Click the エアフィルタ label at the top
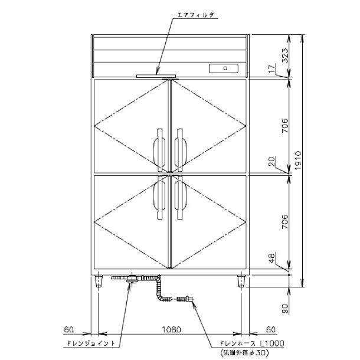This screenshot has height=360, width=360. [x=195, y=15]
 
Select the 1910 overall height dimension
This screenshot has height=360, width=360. [x=298, y=161]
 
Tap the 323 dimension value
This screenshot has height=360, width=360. [x=284, y=55]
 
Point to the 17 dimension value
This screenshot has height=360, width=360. [x=272, y=68]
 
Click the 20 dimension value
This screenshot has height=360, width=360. [x=272, y=161]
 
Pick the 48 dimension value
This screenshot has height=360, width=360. [x=272, y=258]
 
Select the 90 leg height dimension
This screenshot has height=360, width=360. [x=285, y=309]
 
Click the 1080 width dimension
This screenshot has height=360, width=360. [x=172, y=329]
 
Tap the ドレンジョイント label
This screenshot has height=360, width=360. [x=90, y=343]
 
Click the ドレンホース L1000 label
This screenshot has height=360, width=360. [x=252, y=343]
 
